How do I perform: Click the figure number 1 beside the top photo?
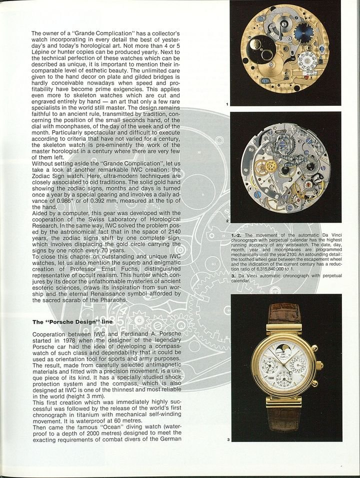click(x=227, y=104)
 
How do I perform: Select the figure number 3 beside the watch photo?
click(x=227, y=440)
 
